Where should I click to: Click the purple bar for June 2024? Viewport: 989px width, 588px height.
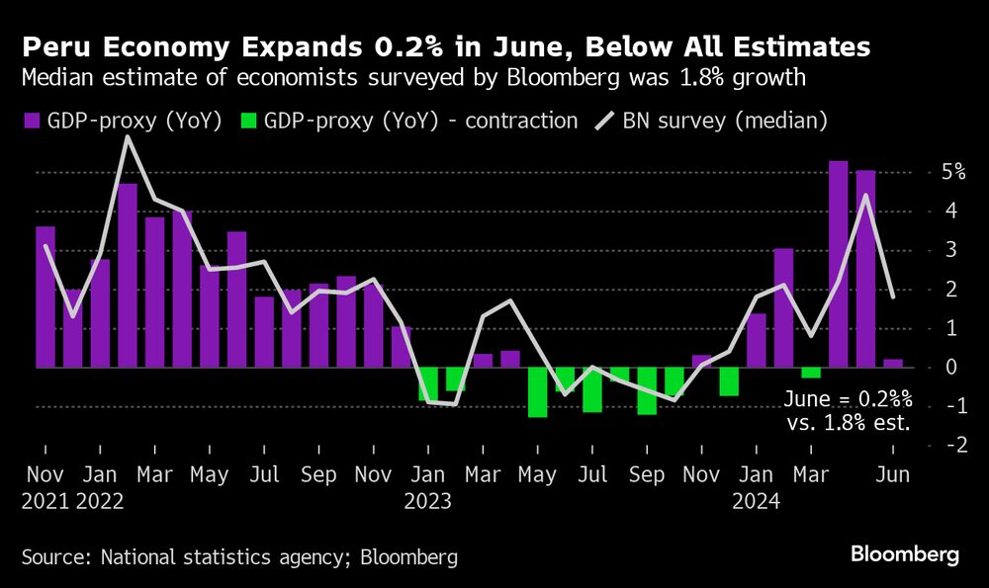coord(892,363)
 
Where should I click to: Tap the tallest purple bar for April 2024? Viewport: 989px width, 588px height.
coord(838,264)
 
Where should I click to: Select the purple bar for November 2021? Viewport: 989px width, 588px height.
coord(45,296)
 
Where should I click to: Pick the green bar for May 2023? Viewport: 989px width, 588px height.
coord(537,391)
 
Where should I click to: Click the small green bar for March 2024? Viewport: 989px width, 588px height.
coord(811,373)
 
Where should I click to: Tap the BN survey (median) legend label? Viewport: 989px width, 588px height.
coord(724,122)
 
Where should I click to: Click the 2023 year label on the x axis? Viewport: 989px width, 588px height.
coord(427,501)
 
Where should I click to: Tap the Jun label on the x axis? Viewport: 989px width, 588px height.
coord(894,475)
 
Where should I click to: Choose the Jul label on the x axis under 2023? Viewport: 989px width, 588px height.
coord(592,475)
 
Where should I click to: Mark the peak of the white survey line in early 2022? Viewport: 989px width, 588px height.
coord(128,137)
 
